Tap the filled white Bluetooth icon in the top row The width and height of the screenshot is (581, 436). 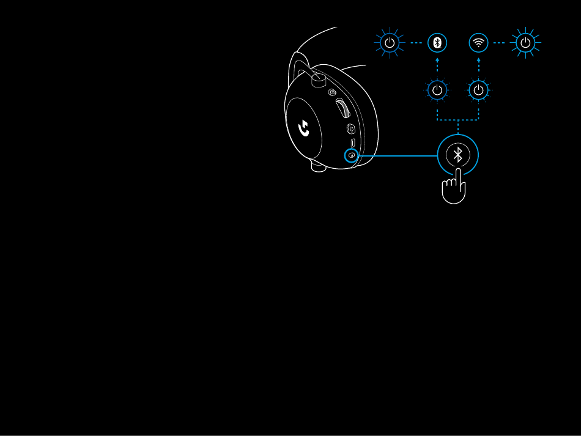tap(437, 43)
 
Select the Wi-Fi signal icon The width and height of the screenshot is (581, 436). tap(478, 43)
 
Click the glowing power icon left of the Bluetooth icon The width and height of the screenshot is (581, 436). tap(390, 43)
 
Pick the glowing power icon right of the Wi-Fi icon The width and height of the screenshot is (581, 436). tap(525, 43)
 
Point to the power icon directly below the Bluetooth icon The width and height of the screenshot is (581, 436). tap(437, 91)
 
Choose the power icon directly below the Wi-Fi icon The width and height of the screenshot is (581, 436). tap(478, 91)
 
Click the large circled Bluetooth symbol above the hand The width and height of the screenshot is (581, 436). tap(457, 155)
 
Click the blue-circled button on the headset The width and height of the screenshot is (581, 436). tap(351, 155)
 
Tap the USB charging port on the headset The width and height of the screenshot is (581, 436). tap(353, 144)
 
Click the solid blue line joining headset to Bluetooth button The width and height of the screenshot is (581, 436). tap(398, 155)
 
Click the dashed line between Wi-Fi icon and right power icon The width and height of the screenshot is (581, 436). tap(501, 43)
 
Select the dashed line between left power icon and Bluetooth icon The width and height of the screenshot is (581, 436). tap(414, 43)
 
